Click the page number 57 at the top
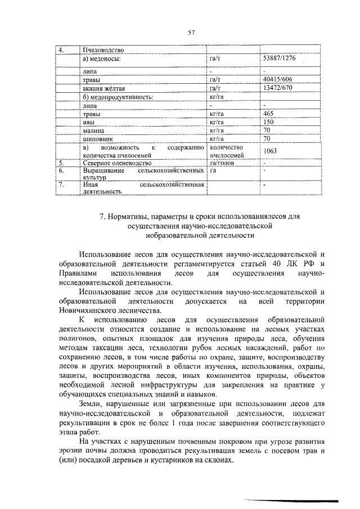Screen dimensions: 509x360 [x=191, y=33]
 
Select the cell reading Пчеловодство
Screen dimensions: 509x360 [x=102, y=51]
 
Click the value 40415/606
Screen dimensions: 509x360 [x=278, y=80]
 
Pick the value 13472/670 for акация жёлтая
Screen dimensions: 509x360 [x=278, y=88]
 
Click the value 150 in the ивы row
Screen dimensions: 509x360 [x=268, y=121]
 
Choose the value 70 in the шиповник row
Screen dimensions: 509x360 [x=267, y=138]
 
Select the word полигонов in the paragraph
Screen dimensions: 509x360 [x=76, y=339]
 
